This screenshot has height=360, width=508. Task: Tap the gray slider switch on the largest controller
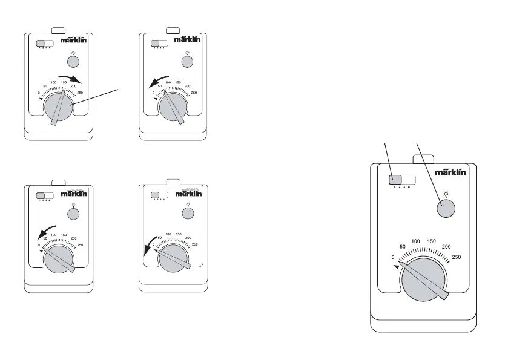(395, 180)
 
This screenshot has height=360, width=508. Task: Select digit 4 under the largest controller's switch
(409, 188)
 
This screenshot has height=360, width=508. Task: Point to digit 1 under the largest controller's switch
(394, 188)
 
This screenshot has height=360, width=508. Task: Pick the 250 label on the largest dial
(457, 257)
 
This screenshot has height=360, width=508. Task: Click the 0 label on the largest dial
(394, 257)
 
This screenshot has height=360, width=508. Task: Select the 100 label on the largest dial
(416, 241)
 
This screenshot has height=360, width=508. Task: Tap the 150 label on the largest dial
(432, 241)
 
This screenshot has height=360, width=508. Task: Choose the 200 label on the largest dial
(446, 247)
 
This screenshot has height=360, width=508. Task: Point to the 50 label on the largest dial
(401, 247)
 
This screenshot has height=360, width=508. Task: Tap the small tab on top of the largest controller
(421, 159)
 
